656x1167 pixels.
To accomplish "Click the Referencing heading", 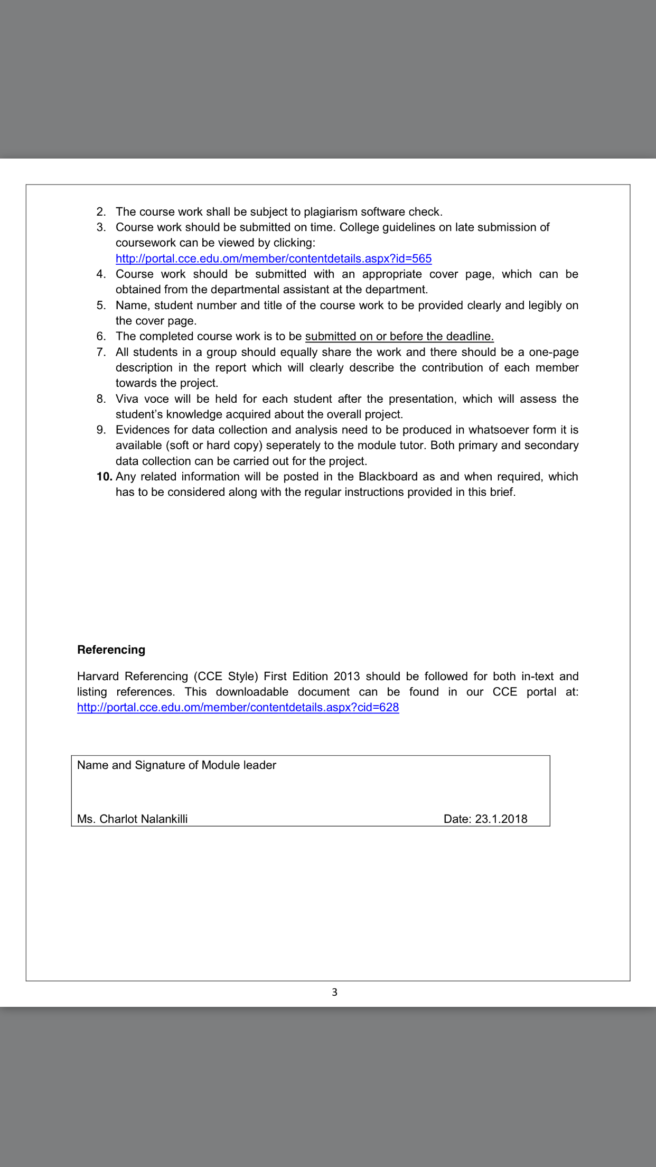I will [111, 650].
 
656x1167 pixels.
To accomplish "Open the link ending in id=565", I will [274, 258].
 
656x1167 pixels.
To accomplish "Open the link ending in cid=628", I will [238, 707].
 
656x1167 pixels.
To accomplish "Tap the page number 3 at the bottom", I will [334, 992].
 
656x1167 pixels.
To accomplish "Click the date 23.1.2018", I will [501, 819].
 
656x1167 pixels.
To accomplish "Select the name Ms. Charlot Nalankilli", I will [132, 819].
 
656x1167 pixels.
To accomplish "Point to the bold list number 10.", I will [104, 476].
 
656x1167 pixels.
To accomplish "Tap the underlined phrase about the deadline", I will [399, 336].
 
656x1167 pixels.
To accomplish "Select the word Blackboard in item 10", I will [388, 476].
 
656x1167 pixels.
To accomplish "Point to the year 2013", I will [346, 676].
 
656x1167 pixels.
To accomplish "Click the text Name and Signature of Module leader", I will [176, 765].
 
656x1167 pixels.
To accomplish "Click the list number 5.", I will [101, 305].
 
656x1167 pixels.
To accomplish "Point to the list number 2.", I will [101, 211].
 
